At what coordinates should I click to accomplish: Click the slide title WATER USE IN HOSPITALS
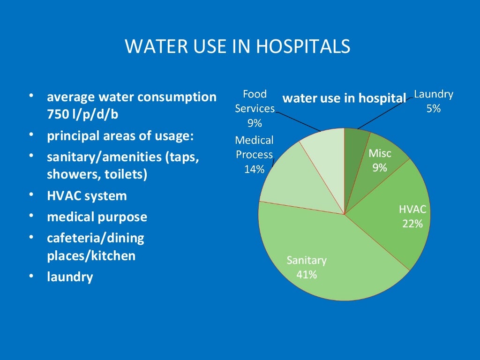237,46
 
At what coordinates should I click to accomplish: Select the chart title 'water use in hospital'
344,98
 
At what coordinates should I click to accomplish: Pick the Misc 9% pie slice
375,159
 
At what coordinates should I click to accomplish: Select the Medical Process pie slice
286,178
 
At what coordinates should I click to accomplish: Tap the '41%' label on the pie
307,275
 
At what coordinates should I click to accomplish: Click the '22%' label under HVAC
412,224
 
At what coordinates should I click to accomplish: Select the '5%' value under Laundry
433,109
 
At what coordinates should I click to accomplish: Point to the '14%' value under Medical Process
254,170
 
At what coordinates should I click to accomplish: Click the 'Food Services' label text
255,101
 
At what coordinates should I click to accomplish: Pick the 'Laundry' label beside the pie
433,94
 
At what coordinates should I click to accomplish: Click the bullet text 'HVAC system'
87,195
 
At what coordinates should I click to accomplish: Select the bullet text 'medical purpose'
97,217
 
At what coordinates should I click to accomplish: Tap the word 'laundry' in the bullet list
70,277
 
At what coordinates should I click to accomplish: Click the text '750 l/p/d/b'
82,115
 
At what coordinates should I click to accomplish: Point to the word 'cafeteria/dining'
96,238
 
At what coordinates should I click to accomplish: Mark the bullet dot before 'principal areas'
31,135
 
